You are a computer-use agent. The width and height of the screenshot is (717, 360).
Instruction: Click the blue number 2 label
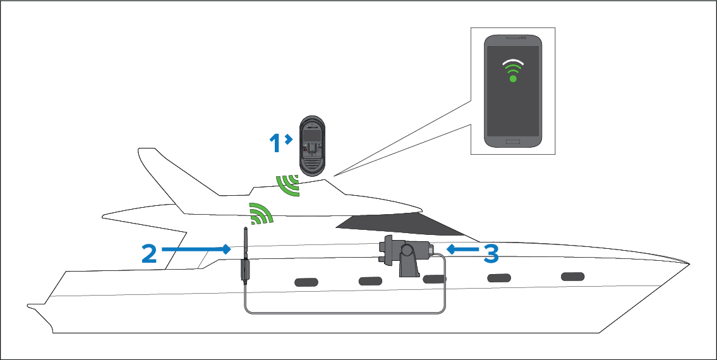click(x=149, y=253)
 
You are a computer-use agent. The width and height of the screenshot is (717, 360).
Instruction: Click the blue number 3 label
click(x=491, y=253)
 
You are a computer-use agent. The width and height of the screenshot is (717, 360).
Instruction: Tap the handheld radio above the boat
click(x=312, y=146)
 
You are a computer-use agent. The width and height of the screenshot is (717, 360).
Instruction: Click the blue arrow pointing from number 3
click(x=463, y=249)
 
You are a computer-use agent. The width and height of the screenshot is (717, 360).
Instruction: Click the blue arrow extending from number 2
click(x=196, y=249)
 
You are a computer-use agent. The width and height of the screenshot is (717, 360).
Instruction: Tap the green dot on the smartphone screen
click(x=513, y=79)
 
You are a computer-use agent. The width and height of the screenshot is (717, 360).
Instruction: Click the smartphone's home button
click(x=513, y=142)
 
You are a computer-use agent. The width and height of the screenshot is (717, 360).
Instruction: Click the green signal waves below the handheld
click(x=289, y=185)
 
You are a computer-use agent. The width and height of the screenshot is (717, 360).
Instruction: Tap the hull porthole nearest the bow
click(x=572, y=276)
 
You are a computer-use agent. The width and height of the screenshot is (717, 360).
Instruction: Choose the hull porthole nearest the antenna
click(x=306, y=282)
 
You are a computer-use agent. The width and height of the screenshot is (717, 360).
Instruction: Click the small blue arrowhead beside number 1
click(x=289, y=138)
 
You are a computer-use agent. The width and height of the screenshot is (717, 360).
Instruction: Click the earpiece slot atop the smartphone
click(x=512, y=37)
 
